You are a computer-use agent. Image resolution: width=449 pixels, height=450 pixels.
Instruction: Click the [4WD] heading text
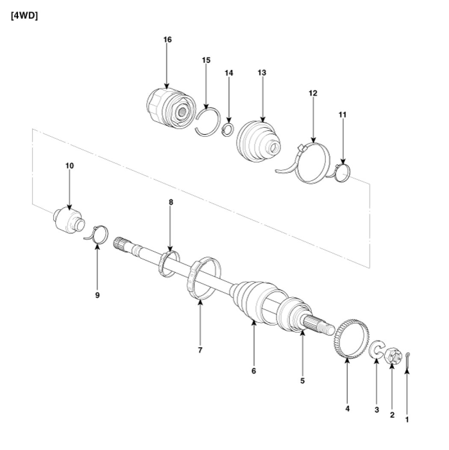24,16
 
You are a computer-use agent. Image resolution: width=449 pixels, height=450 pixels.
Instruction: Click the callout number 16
167,39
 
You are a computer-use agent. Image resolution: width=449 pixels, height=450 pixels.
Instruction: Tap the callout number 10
69,166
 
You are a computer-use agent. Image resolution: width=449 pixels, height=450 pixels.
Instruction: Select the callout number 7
200,350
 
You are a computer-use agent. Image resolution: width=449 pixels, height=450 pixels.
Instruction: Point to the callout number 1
407,420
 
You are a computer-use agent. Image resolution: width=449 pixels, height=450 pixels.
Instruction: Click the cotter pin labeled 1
408,360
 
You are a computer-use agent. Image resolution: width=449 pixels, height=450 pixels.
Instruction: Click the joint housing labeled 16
171,108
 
